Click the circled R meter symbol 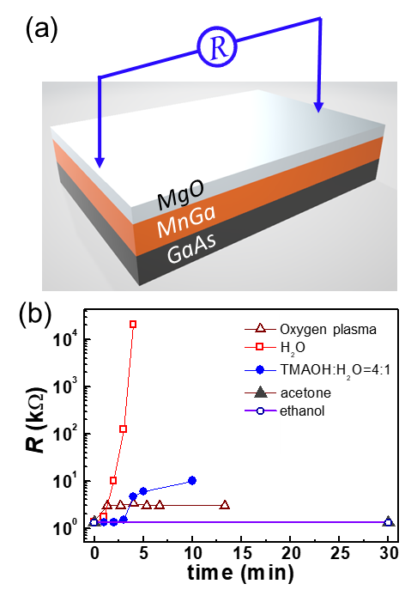coord(217,47)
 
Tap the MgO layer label coord(180,195)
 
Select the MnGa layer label coord(186,222)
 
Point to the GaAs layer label coord(191,246)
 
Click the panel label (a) coord(41,29)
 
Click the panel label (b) coord(34,313)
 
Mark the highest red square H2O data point coord(133,325)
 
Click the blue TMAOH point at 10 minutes coord(192,481)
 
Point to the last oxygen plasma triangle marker coord(225,505)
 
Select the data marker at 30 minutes coord(389,522)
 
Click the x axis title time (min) coord(240,573)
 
